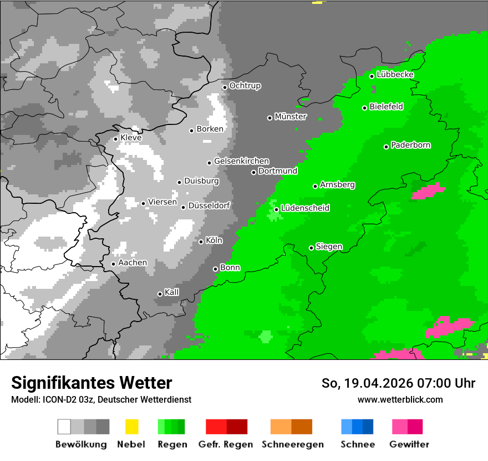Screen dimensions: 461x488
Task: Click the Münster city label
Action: coord(291,117)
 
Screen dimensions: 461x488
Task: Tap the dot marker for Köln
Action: coord(201,242)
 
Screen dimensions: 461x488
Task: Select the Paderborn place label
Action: coord(411,146)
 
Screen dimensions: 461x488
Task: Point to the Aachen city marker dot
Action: coord(113,264)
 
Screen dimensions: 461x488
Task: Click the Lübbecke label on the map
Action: coord(395,75)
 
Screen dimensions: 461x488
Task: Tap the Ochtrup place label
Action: coord(245,86)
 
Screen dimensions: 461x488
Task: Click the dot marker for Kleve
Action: coord(115,139)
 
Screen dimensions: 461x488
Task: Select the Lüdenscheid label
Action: coord(306,208)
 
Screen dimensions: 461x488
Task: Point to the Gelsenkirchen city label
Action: coord(242,161)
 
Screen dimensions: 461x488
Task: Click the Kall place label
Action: coord(172,292)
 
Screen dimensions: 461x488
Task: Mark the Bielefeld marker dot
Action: coord(365,108)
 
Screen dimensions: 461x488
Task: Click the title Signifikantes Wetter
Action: coord(91,383)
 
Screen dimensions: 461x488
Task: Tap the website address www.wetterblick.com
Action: coord(400,399)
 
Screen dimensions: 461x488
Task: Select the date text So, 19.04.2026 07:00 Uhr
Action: coord(398,383)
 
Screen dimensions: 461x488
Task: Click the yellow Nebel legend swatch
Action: coord(131,427)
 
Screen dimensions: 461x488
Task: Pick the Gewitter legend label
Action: coord(409,444)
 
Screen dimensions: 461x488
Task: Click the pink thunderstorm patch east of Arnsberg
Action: coord(428,192)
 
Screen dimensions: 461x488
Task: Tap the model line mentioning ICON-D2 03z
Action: coord(101,400)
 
